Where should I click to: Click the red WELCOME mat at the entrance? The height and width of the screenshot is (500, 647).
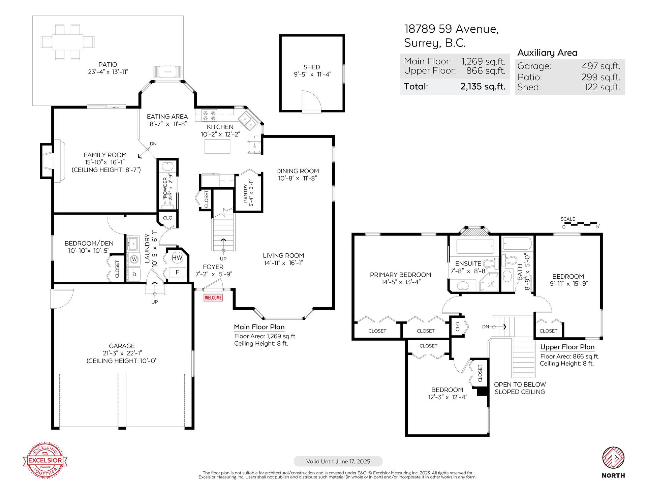coord(213,298)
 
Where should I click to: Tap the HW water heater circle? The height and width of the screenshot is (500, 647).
coord(177,258)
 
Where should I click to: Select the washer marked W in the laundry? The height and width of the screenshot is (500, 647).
coord(134,259)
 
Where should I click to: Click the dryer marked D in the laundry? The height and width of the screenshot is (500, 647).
coord(134,274)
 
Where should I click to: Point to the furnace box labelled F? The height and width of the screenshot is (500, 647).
coord(177,272)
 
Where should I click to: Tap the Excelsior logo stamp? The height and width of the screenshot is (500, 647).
coord(45,460)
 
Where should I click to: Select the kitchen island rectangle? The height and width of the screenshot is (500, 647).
coord(218,146)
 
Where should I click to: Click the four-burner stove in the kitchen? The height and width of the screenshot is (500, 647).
coord(209,116)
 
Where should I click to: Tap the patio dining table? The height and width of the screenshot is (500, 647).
coord(67,42)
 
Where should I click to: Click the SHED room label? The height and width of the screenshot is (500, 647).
coord(312,67)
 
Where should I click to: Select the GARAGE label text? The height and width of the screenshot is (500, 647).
coord(122,346)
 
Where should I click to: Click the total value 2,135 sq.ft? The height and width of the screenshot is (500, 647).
coord(483,86)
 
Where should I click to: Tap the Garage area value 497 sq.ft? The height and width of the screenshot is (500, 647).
coord(601,66)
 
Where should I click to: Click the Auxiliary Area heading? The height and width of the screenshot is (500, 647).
coord(547,53)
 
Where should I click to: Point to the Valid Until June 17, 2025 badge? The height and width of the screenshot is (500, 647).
coord(338,461)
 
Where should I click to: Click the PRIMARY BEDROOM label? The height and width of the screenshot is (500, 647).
coord(400,275)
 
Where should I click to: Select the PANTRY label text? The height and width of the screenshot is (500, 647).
coord(246,193)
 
